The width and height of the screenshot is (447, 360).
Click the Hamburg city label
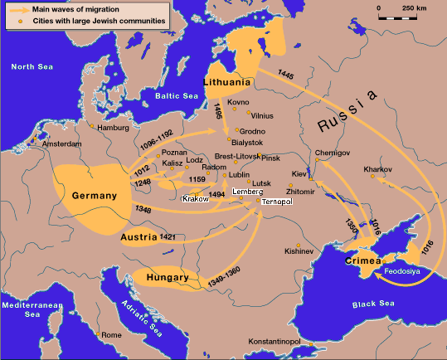coord(115,129)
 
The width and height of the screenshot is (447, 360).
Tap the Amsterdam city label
coord(61,144)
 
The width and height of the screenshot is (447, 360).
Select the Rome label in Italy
coord(112,334)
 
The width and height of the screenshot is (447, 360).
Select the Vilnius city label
coord(262,117)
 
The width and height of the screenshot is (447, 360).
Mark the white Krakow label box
coord(197,199)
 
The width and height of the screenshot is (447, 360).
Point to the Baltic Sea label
coord(174,96)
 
